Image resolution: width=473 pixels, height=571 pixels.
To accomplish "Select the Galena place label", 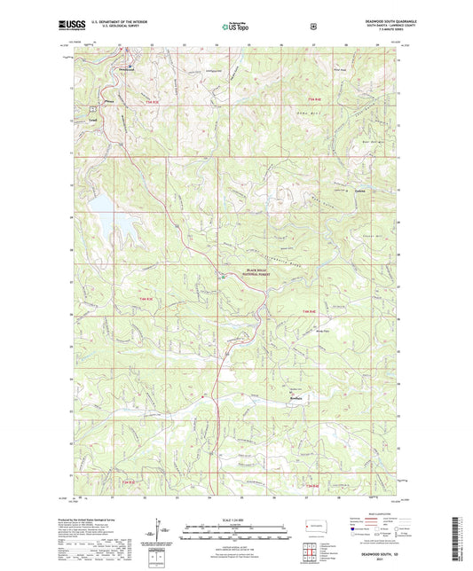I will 335,191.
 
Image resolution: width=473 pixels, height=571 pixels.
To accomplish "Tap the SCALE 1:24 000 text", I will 237,519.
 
